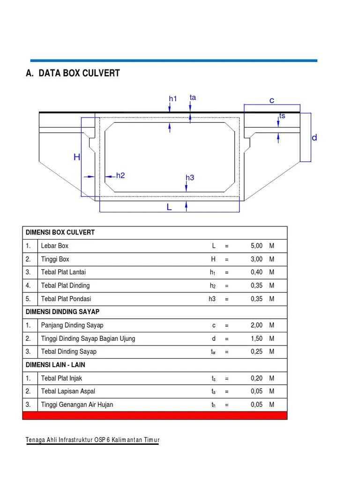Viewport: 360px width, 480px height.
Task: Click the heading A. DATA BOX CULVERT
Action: [x=73, y=73]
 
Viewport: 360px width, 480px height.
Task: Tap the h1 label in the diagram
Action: [x=173, y=99]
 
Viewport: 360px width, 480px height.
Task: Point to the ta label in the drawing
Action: [x=193, y=97]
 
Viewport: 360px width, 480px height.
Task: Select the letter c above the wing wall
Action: [x=271, y=100]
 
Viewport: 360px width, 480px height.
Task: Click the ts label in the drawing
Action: [x=282, y=116]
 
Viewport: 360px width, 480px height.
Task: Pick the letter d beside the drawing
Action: [x=314, y=137]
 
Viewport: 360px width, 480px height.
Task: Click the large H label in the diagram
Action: [x=77, y=157]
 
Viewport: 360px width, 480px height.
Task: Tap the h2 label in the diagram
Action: [x=120, y=175]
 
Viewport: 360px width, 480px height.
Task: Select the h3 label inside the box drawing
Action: [x=189, y=178]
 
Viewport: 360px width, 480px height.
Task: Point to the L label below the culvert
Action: [x=169, y=207]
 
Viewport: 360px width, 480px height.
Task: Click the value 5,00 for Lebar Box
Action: [x=256, y=246]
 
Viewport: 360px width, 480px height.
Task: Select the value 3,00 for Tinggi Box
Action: [x=256, y=259]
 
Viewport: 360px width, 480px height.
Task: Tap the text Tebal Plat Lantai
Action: [x=63, y=272]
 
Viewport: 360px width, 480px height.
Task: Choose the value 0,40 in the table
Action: [x=256, y=272]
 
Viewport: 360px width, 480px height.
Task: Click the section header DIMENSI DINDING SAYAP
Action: [x=63, y=312]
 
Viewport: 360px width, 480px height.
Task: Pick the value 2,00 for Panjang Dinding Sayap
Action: [x=256, y=325]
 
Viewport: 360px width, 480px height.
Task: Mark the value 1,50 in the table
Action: [x=256, y=338]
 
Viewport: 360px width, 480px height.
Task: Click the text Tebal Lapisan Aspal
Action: [x=68, y=391]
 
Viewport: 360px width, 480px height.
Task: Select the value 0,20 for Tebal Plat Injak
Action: [x=256, y=378]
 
